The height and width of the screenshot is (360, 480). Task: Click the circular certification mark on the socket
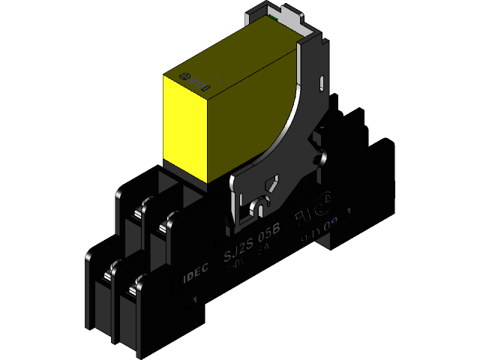pos(323,203)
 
